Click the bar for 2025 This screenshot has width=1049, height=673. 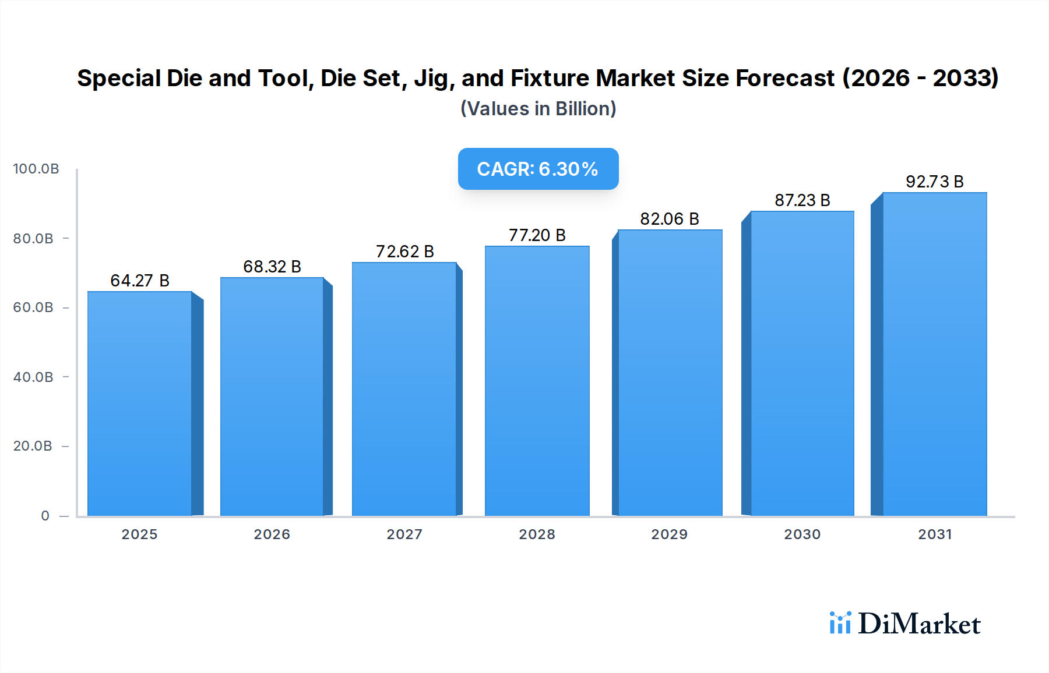(x=140, y=403)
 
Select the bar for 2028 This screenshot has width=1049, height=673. (x=537, y=381)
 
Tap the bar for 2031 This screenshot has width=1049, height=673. (x=934, y=354)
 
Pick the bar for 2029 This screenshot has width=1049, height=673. (x=670, y=373)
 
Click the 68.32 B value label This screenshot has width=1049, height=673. (x=272, y=267)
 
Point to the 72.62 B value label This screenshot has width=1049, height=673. (x=404, y=252)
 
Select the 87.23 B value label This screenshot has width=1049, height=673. (x=802, y=200)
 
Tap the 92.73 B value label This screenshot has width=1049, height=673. (x=934, y=182)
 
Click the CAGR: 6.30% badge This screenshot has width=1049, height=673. (x=538, y=169)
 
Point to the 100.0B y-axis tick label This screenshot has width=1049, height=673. (x=36, y=169)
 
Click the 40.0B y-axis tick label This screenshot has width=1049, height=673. (x=33, y=377)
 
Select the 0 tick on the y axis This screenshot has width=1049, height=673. (x=45, y=516)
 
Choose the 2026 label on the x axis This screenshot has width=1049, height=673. (x=272, y=534)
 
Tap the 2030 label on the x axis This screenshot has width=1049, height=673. (x=802, y=534)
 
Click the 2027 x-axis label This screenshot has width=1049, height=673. (x=404, y=534)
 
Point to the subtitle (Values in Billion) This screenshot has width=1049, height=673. (x=538, y=109)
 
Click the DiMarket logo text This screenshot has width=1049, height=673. (x=919, y=624)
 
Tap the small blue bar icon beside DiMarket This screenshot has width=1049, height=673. (x=840, y=623)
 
